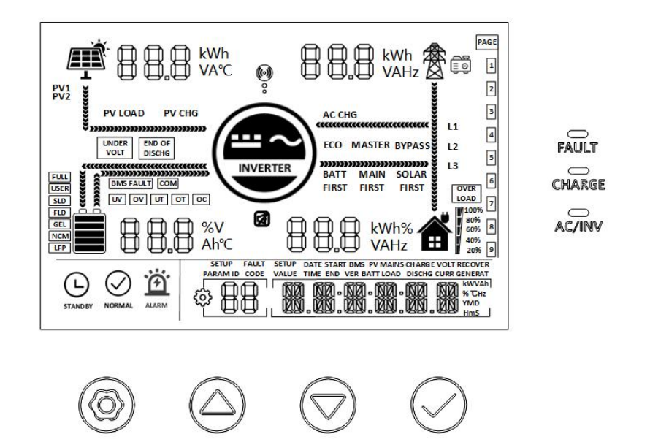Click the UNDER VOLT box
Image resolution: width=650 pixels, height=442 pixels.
(x=116, y=147)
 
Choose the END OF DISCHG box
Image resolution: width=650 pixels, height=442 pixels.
(x=156, y=147)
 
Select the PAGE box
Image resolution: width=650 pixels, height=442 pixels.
(x=486, y=43)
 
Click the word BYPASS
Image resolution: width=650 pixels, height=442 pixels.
(x=412, y=145)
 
